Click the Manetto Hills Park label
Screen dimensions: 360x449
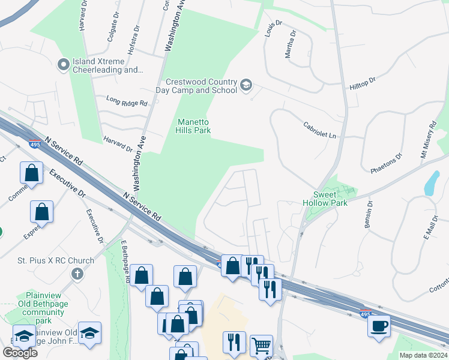point(193,125)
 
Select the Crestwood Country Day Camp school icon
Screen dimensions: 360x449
point(246,86)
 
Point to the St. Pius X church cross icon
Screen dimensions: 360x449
point(77,274)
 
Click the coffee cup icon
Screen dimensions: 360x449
point(378,326)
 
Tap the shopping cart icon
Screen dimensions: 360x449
point(261,346)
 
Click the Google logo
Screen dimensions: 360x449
point(20,352)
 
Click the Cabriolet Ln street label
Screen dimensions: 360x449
point(320,131)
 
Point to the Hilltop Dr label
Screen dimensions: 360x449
point(363,83)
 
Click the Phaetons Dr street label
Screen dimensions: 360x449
point(385,164)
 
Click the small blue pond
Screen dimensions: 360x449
point(432,184)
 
